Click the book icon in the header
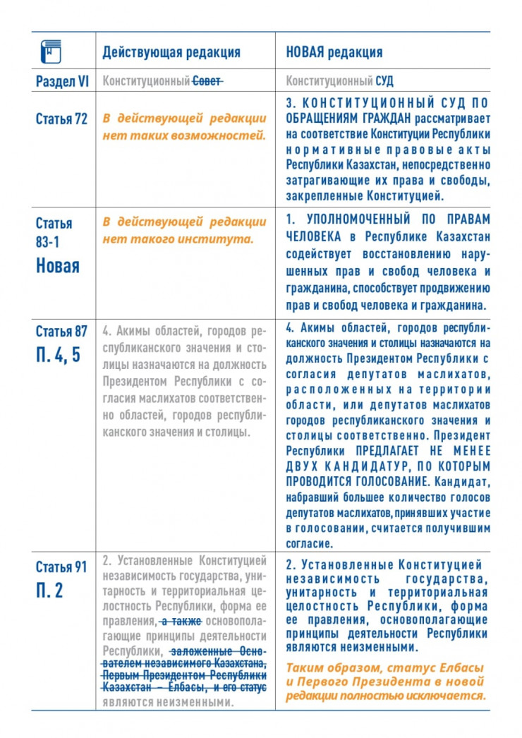(51, 51)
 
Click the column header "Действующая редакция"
(171, 52)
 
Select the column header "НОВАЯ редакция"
(334, 52)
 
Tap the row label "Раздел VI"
(62, 82)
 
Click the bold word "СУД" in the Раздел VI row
(385, 82)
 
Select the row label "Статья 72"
(61, 119)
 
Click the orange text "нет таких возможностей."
(184, 135)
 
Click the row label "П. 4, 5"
(59, 354)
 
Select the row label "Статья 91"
(61, 566)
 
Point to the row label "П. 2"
(49, 590)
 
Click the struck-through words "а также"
(181, 621)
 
